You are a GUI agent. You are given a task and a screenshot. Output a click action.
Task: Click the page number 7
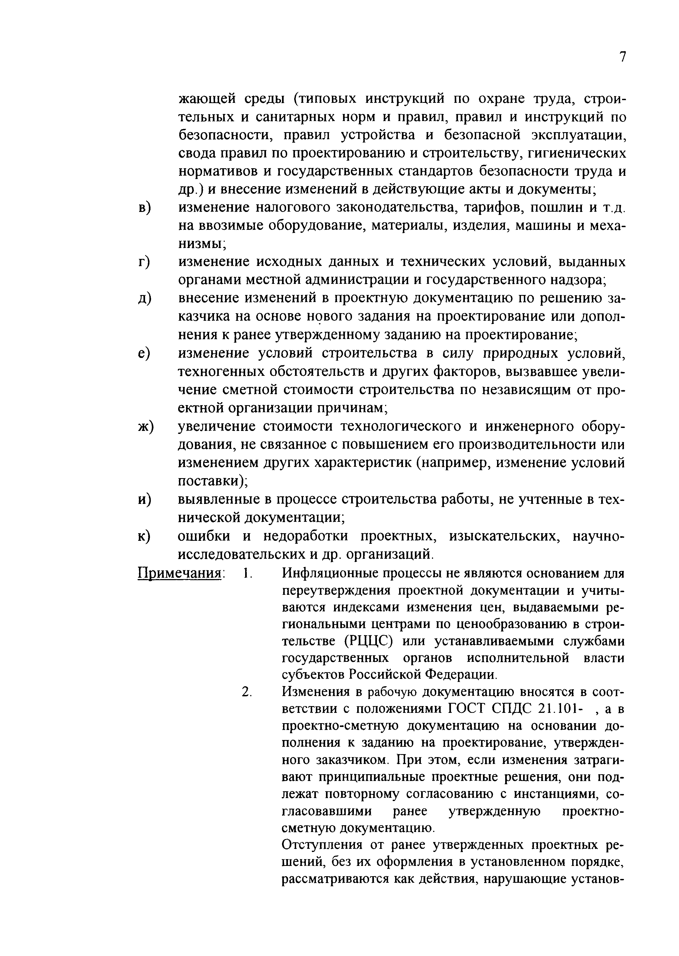coord(622,57)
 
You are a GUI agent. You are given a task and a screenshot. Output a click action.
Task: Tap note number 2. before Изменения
coord(247,692)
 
